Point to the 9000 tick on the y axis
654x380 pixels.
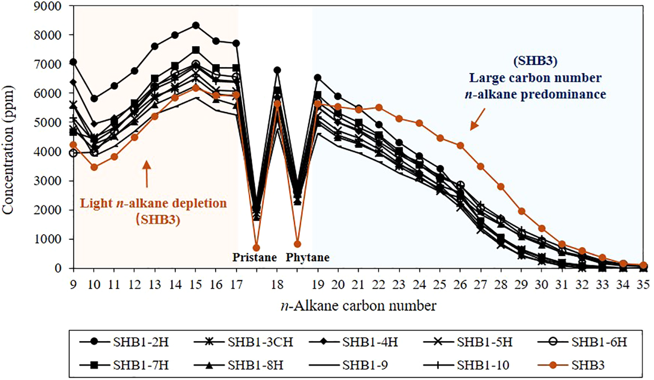coord(48,6)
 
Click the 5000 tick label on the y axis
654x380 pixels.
coord(48,123)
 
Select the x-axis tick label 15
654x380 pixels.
coord(196,284)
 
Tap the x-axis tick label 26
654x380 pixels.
coord(460,284)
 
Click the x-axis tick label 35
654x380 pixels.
coord(643,284)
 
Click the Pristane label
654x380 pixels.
coord(254,257)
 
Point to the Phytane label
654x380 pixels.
coord(307,257)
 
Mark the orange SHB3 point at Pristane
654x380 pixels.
coord(256,248)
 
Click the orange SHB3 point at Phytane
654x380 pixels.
coord(297,244)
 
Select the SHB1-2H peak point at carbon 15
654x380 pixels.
coord(196,26)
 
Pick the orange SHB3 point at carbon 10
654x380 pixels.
coord(94,167)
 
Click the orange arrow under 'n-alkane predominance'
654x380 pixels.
coord(477,119)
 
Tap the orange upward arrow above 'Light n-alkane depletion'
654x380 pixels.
coord(147,174)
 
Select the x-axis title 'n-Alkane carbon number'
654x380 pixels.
coord(358,306)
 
